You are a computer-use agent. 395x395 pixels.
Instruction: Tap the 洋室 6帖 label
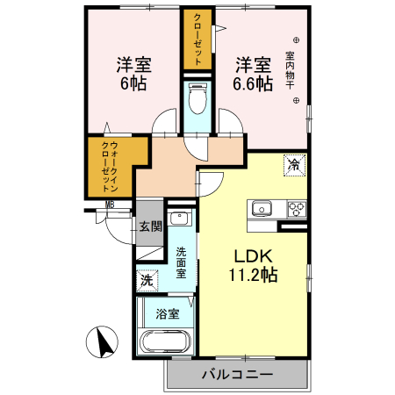pos(133,74)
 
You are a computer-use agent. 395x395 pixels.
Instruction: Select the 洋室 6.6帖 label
pos(252,74)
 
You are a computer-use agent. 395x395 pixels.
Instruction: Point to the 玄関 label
pos(150,226)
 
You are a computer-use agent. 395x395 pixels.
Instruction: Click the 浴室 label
pos(167,313)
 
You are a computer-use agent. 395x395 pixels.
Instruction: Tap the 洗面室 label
pos(181,262)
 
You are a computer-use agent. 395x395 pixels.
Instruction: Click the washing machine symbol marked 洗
pos(147,281)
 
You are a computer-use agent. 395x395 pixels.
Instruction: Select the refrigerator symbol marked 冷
pos(294,164)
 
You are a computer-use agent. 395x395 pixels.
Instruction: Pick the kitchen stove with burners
pos(297,209)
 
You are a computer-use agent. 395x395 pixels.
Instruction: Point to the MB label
pos(110,205)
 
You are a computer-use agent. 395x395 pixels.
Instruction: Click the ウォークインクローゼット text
pos(110,167)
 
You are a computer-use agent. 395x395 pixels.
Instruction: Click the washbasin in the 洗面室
pos(181,219)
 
